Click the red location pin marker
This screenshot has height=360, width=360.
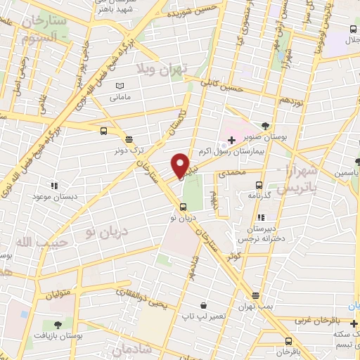coord(181,165)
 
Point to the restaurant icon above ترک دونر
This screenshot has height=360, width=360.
coord(128,139)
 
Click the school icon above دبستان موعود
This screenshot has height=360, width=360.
coord(53,186)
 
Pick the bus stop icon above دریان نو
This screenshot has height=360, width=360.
coord(183,207)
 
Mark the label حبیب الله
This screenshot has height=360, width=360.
coord(25,242)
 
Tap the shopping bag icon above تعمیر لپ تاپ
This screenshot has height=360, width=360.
coord(204,306)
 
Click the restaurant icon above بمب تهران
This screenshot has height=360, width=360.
coord(256,295)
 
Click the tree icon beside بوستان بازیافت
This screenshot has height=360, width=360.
coord(58,324)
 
